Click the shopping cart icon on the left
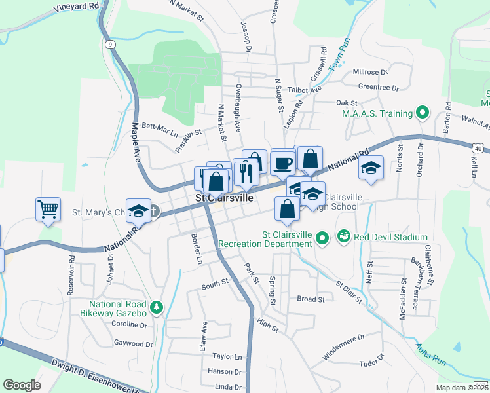(x=48, y=209)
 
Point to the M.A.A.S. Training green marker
(x=423, y=113)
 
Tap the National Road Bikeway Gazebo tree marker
(x=156, y=307)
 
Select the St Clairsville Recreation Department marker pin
(x=321, y=238)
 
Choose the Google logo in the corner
(x=22, y=385)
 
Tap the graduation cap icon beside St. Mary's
(x=138, y=210)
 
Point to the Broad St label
(x=311, y=299)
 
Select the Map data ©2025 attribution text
(x=462, y=387)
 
